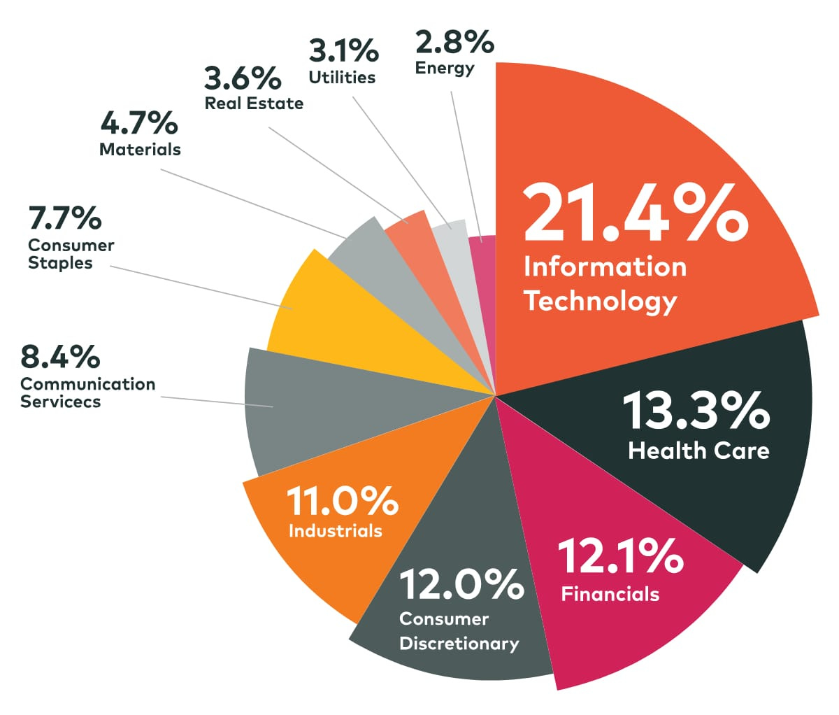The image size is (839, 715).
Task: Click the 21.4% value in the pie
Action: (635, 211)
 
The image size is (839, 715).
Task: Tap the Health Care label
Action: (698, 451)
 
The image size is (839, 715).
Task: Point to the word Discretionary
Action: (459, 644)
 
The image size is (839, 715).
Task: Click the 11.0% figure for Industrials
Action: (342, 501)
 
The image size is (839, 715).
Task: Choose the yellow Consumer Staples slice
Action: (308, 308)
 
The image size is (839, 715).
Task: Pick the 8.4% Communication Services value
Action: (60, 357)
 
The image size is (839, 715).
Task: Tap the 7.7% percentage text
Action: (65, 218)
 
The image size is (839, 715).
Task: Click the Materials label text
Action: (140, 149)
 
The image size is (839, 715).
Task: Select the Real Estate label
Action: (254, 104)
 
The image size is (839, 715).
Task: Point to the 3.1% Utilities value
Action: (343, 51)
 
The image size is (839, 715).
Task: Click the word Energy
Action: (445, 68)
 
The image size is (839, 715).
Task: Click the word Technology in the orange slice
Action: (601, 302)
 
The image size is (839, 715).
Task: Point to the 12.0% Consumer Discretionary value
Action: (461, 585)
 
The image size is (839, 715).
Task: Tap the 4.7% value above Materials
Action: (139, 123)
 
